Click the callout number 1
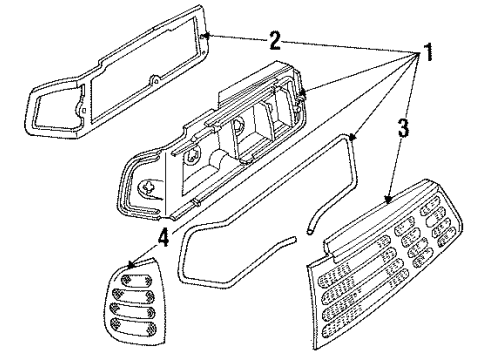click(427, 52)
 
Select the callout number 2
click(275, 41)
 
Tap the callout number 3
click(403, 128)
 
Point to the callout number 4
click(164, 237)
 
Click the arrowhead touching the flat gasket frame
click(207, 35)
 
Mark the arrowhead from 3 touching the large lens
click(388, 200)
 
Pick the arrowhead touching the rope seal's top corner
click(353, 136)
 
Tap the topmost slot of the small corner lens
click(137, 280)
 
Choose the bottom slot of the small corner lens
click(134, 326)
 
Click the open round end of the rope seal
click(310, 231)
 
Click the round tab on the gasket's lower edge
click(155, 80)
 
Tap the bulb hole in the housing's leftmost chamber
click(148, 187)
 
